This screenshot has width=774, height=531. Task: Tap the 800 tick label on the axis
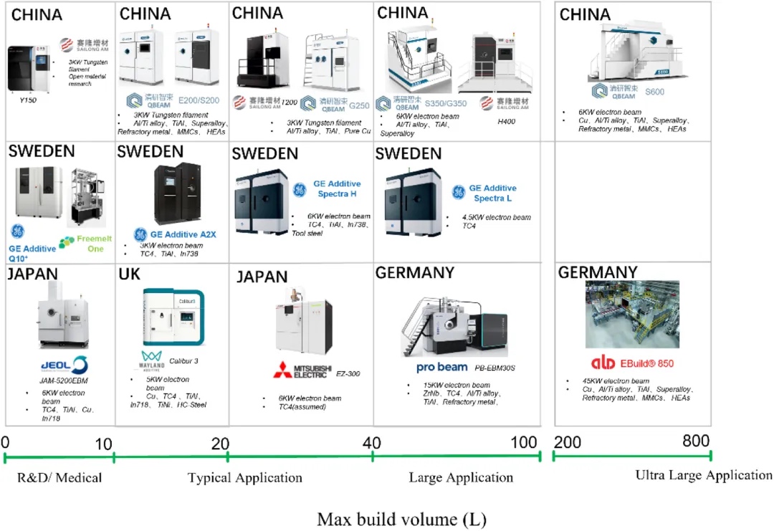pos(696,441)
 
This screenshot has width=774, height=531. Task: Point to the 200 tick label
pos(568,441)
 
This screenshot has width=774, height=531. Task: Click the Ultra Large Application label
pos(704,475)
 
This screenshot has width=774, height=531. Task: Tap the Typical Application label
pos(244,477)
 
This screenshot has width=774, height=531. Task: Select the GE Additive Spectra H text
pos(337,189)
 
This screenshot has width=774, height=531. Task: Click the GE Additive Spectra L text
pos(494,193)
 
